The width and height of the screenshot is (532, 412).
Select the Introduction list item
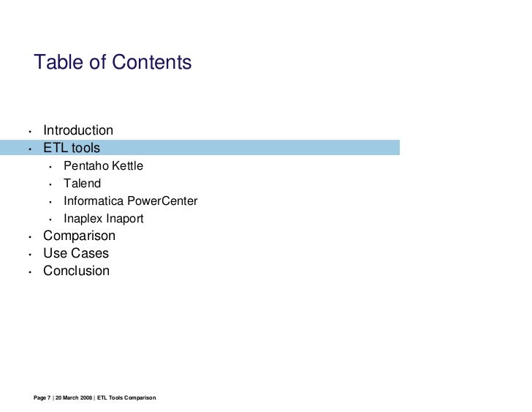(x=78, y=130)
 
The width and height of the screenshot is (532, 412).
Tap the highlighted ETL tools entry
(x=72, y=148)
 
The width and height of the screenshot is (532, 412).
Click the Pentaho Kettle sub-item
(x=103, y=166)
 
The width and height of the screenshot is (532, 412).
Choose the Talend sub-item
(x=82, y=184)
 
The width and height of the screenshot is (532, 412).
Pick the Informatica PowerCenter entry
(x=130, y=201)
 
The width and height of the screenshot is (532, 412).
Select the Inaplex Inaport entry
(x=103, y=219)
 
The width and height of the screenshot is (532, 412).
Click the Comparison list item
(x=79, y=236)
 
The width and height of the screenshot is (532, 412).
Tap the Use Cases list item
(x=76, y=253)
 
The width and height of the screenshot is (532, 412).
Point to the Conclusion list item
(x=76, y=271)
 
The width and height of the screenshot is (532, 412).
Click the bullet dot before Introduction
(x=29, y=132)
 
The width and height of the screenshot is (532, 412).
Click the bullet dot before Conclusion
(x=29, y=272)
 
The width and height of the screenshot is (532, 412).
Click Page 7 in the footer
(x=42, y=397)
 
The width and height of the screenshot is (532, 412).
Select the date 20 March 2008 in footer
(x=74, y=397)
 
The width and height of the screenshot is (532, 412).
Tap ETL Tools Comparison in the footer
(x=126, y=397)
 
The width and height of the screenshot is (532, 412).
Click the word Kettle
(x=127, y=166)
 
